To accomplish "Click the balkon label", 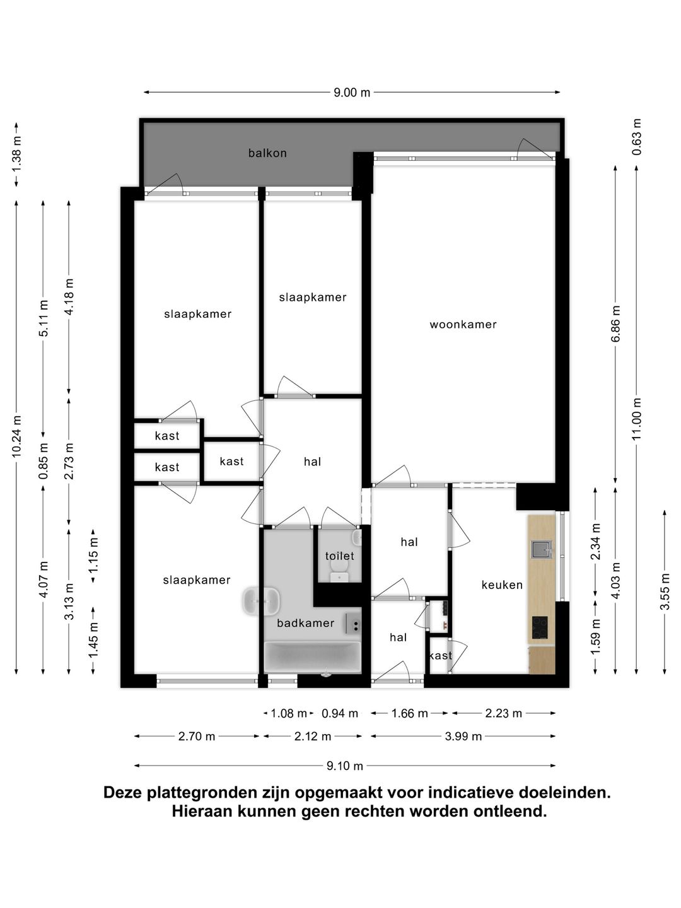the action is coord(267,153).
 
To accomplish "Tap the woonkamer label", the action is coord(463,324).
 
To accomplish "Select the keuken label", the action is coord(502,585).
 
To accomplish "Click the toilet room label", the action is coord(339,556).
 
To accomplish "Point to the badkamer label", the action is coord(306,623).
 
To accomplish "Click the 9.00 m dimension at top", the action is coord(352,93).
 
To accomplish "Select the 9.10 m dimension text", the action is coord(345,766).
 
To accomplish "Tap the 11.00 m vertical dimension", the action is coord(637,419).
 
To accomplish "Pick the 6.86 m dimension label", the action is coord(616,323).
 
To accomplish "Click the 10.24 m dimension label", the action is coord(16,436).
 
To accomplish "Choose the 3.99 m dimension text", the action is coord(463,736).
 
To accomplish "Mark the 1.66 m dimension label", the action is coord(409,713).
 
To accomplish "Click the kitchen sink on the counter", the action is coord(542,549).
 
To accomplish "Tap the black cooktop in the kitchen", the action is coord(540,627).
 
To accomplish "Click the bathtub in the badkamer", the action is coord(313,657).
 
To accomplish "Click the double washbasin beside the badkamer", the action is coord(261,601).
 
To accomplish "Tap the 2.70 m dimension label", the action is coord(197,736).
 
